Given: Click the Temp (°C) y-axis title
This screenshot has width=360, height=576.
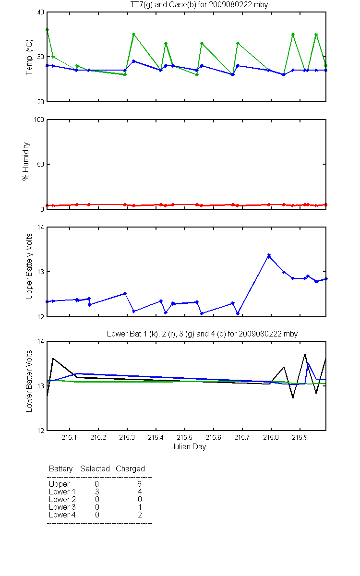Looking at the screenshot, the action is click(29, 57).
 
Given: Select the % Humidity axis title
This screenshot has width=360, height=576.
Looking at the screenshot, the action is click(26, 161).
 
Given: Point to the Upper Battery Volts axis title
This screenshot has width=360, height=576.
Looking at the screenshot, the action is click(29, 266).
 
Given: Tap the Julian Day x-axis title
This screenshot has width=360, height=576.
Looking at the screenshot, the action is click(189, 447).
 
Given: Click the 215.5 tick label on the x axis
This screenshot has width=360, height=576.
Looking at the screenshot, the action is click(185, 437).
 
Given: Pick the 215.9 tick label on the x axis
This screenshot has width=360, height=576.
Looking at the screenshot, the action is click(300, 437).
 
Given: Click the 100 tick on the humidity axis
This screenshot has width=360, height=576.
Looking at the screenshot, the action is click(39, 120).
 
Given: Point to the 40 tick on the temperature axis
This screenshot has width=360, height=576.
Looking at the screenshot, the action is click(41, 12).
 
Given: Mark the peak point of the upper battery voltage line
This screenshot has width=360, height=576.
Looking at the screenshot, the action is click(269, 255).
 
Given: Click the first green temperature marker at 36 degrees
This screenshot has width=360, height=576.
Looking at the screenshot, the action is click(47, 30).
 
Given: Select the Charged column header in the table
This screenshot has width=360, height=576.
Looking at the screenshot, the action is click(130, 469).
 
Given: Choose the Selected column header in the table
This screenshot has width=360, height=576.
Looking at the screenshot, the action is click(95, 469).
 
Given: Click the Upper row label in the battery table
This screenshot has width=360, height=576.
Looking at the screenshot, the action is click(59, 484).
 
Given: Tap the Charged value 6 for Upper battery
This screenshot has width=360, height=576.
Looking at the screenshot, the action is click(139, 484).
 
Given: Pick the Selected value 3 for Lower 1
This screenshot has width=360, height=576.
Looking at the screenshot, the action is click(97, 492).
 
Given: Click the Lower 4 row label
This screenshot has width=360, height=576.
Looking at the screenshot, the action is click(62, 515).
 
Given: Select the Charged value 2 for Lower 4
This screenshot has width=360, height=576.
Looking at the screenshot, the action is click(140, 515).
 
